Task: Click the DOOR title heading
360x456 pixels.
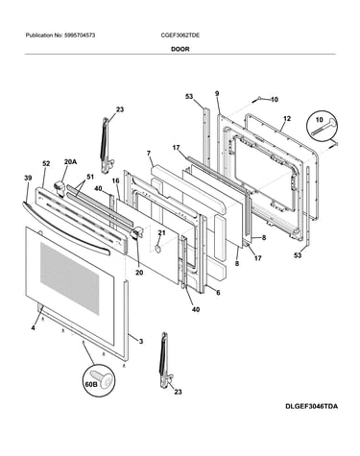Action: (x=180, y=49)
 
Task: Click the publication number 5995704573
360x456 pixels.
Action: (x=79, y=36)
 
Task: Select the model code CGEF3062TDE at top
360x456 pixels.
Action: (x=180, y=36)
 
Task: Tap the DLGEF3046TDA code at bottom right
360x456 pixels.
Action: (x=311, y=407)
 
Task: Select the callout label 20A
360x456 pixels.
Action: (x=70, y=162)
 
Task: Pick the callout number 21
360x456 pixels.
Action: (x=161, y=233)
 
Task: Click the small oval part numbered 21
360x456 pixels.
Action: (x=156, y=249)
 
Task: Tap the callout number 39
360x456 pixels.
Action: (x=28, y=178)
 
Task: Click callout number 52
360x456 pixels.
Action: (x=46, y=164)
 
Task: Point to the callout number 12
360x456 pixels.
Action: (x=287, y=119)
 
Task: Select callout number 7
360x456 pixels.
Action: (x=149, y=154)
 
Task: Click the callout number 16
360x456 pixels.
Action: (x=115, y=181)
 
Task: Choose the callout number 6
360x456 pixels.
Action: (x=218, y=293)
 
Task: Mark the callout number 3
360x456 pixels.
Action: (x=141, y=342)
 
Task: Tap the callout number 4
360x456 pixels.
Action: (x=34, y=328)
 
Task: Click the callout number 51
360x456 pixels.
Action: (x=90, y=177)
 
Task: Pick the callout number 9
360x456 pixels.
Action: (x=217, y=93)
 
